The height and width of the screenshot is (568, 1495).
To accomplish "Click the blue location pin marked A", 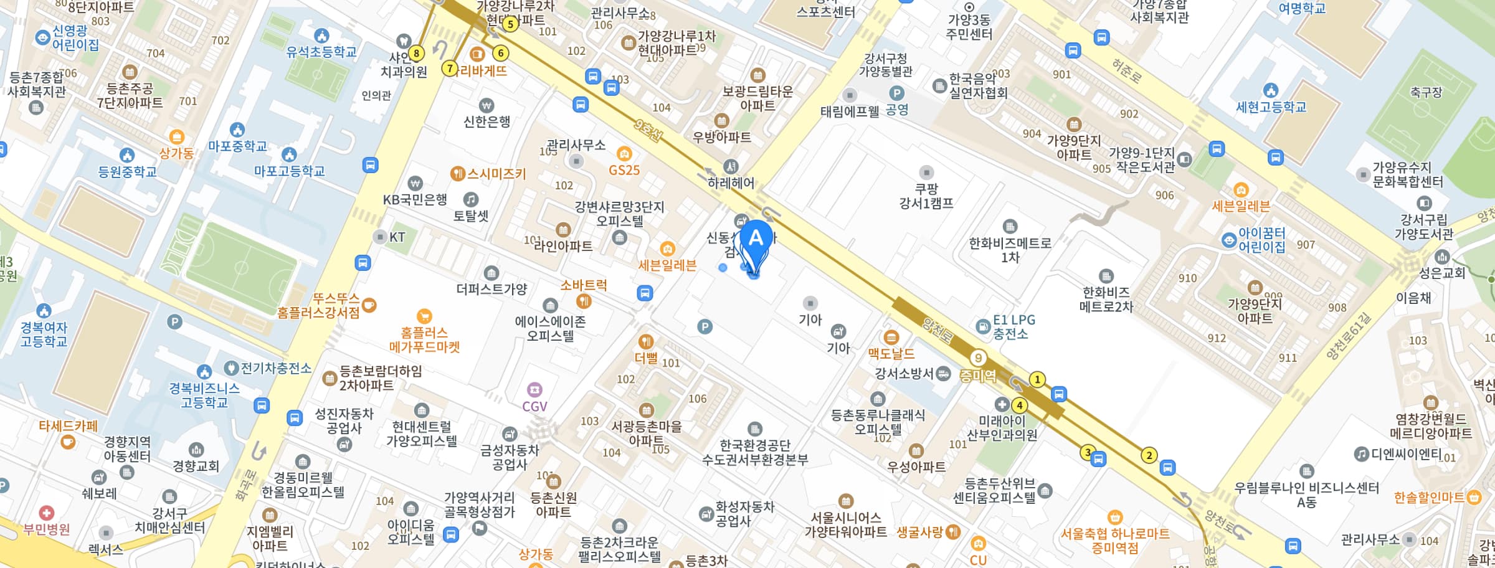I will [x=756, y=240].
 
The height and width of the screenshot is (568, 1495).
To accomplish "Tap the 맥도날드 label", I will [x=891, y=353].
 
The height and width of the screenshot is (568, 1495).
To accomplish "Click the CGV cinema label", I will [x=534, y=406].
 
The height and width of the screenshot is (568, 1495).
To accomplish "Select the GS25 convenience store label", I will [x=624, y=169].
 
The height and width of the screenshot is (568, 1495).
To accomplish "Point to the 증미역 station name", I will [x=977, y=376].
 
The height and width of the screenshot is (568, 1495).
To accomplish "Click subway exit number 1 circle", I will [x=1037, y=379].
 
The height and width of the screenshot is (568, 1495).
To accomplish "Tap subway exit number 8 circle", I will [x=416, y=54].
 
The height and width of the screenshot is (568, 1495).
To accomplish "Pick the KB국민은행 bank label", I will [x=415, y=199].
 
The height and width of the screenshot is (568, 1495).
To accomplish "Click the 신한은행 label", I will [x=486, y=121].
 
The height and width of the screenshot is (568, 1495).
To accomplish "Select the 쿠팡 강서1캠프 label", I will [x=926, y=196].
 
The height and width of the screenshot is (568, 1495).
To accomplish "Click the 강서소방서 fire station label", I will [x=904, y=373].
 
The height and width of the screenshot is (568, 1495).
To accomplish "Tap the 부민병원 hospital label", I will [x=47, y=529].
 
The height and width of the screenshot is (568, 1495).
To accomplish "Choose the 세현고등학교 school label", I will [x=1271, y=107].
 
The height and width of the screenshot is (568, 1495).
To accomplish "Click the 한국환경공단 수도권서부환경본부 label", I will [x=755, y=453].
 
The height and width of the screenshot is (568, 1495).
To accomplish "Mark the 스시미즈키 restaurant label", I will [x=496, y=174].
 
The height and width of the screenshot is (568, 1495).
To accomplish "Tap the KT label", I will [x=397, y=237].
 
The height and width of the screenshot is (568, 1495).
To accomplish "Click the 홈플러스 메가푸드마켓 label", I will [x=424, y=339].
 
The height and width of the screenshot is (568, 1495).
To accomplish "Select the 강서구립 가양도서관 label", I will [x=1424, y=227].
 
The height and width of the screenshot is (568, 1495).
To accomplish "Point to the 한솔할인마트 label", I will [x=1429, y=497].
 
